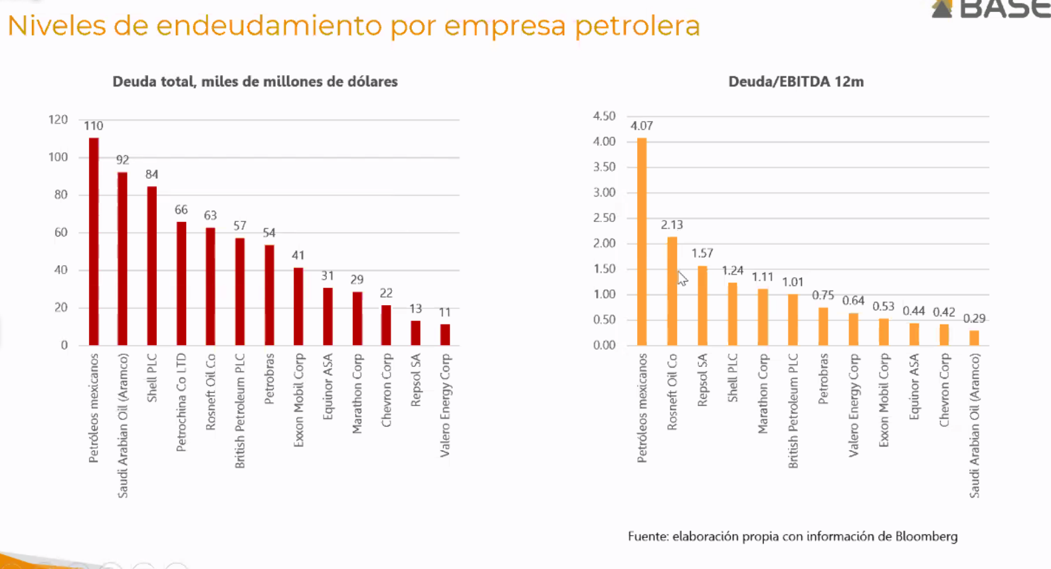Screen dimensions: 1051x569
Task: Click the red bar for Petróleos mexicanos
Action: click(x=94, y=241)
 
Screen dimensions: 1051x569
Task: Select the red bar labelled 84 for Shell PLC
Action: click(x=151, y=266)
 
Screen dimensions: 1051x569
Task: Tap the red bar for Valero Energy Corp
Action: click(x=445, y=335)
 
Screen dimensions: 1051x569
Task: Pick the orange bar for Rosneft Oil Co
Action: click(x=672, y=291)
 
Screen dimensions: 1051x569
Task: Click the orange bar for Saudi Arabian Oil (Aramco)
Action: click(x=974, y=338)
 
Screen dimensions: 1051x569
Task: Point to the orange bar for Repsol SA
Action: click(x=702, y=306)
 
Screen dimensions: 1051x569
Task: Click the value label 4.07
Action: click(x=641, y=126)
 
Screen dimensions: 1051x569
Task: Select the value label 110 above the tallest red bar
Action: click(x=94, y=126)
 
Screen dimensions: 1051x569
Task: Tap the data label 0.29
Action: click(x=974, y=319)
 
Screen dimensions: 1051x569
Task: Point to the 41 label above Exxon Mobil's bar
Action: click(x=298, y=255)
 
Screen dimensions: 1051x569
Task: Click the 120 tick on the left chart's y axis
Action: click(x=58, y=120)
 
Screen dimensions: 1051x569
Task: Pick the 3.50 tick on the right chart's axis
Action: click(x=605, y=167)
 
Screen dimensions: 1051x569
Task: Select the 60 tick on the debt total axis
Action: click(x=61, y=233)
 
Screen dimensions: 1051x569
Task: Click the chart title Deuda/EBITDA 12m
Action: click(x=796, y=82)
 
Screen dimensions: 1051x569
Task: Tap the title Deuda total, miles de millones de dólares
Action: click(x=255, y=82)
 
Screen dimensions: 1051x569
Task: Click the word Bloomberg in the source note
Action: click(x=926, y=536)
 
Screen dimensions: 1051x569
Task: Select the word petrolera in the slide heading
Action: click(x=638, y=26)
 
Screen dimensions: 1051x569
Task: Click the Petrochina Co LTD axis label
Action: click(x=181, y=402)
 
